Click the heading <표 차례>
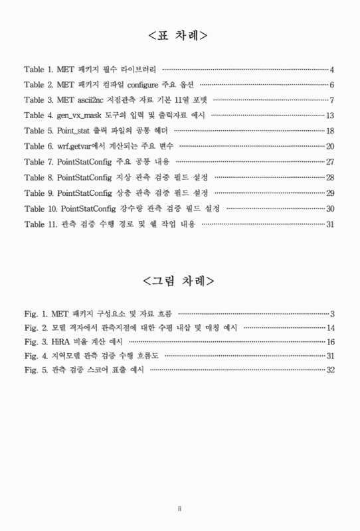click(x=179, y=35)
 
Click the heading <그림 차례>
click(x=179, y=281)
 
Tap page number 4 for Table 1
click(x=331, y=70)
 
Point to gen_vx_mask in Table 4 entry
click(x=82, y=115)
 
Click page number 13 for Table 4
click(x=329, y=115)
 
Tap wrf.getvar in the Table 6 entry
click(x=74, y=146)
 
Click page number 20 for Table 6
click(x=329, y=146)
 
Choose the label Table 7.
click(x=39, y=161)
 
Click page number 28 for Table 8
click(x=329, y=177)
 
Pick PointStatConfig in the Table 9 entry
click(x=84, y=192)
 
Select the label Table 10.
click(x=41, y=208)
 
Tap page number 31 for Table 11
click(x=329, y=224)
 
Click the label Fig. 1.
click(x=35, y=313)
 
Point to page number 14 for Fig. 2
click(x=330, y=328)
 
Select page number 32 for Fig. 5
click(x=330, y=370)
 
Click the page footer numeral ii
click(x=180, y=509)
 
